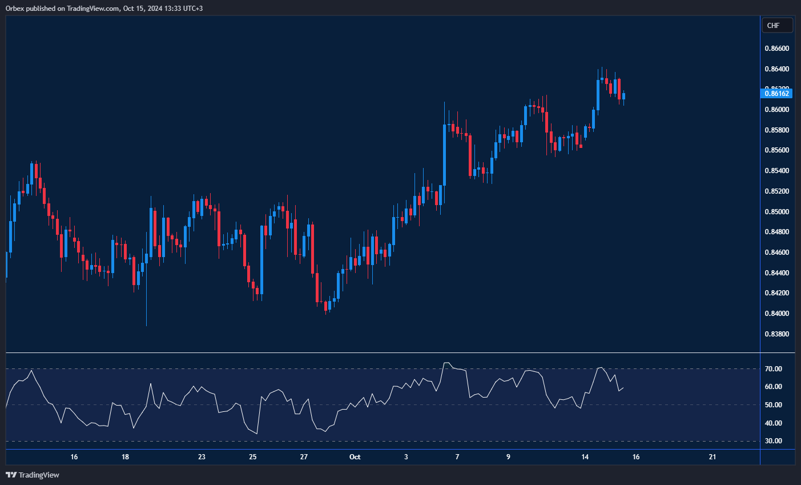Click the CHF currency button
(x=777, y=25)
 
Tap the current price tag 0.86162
(x=777, y=93)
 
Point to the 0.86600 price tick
(x=776, y=49)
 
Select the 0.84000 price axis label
(x=776, y=314)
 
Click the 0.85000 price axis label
(x=776, y=212)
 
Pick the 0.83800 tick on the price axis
(x=776, y=334)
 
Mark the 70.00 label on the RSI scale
(x=774, y=369)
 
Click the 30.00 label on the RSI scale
(x=774, y=441)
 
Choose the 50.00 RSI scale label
(x=774, y=405)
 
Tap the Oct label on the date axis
(x=355, y=457)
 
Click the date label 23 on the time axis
(x=202, y=457)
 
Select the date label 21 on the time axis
(x=713, y=457)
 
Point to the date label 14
(x=585, y=457)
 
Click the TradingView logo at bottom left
(x=33, y=475)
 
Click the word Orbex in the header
(x=15, y=9)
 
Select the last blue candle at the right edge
(x=624, y=96)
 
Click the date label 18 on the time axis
(x=125, y=457)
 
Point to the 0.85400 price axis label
(x=776, y=171)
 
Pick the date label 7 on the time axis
(x=457, y=457)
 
